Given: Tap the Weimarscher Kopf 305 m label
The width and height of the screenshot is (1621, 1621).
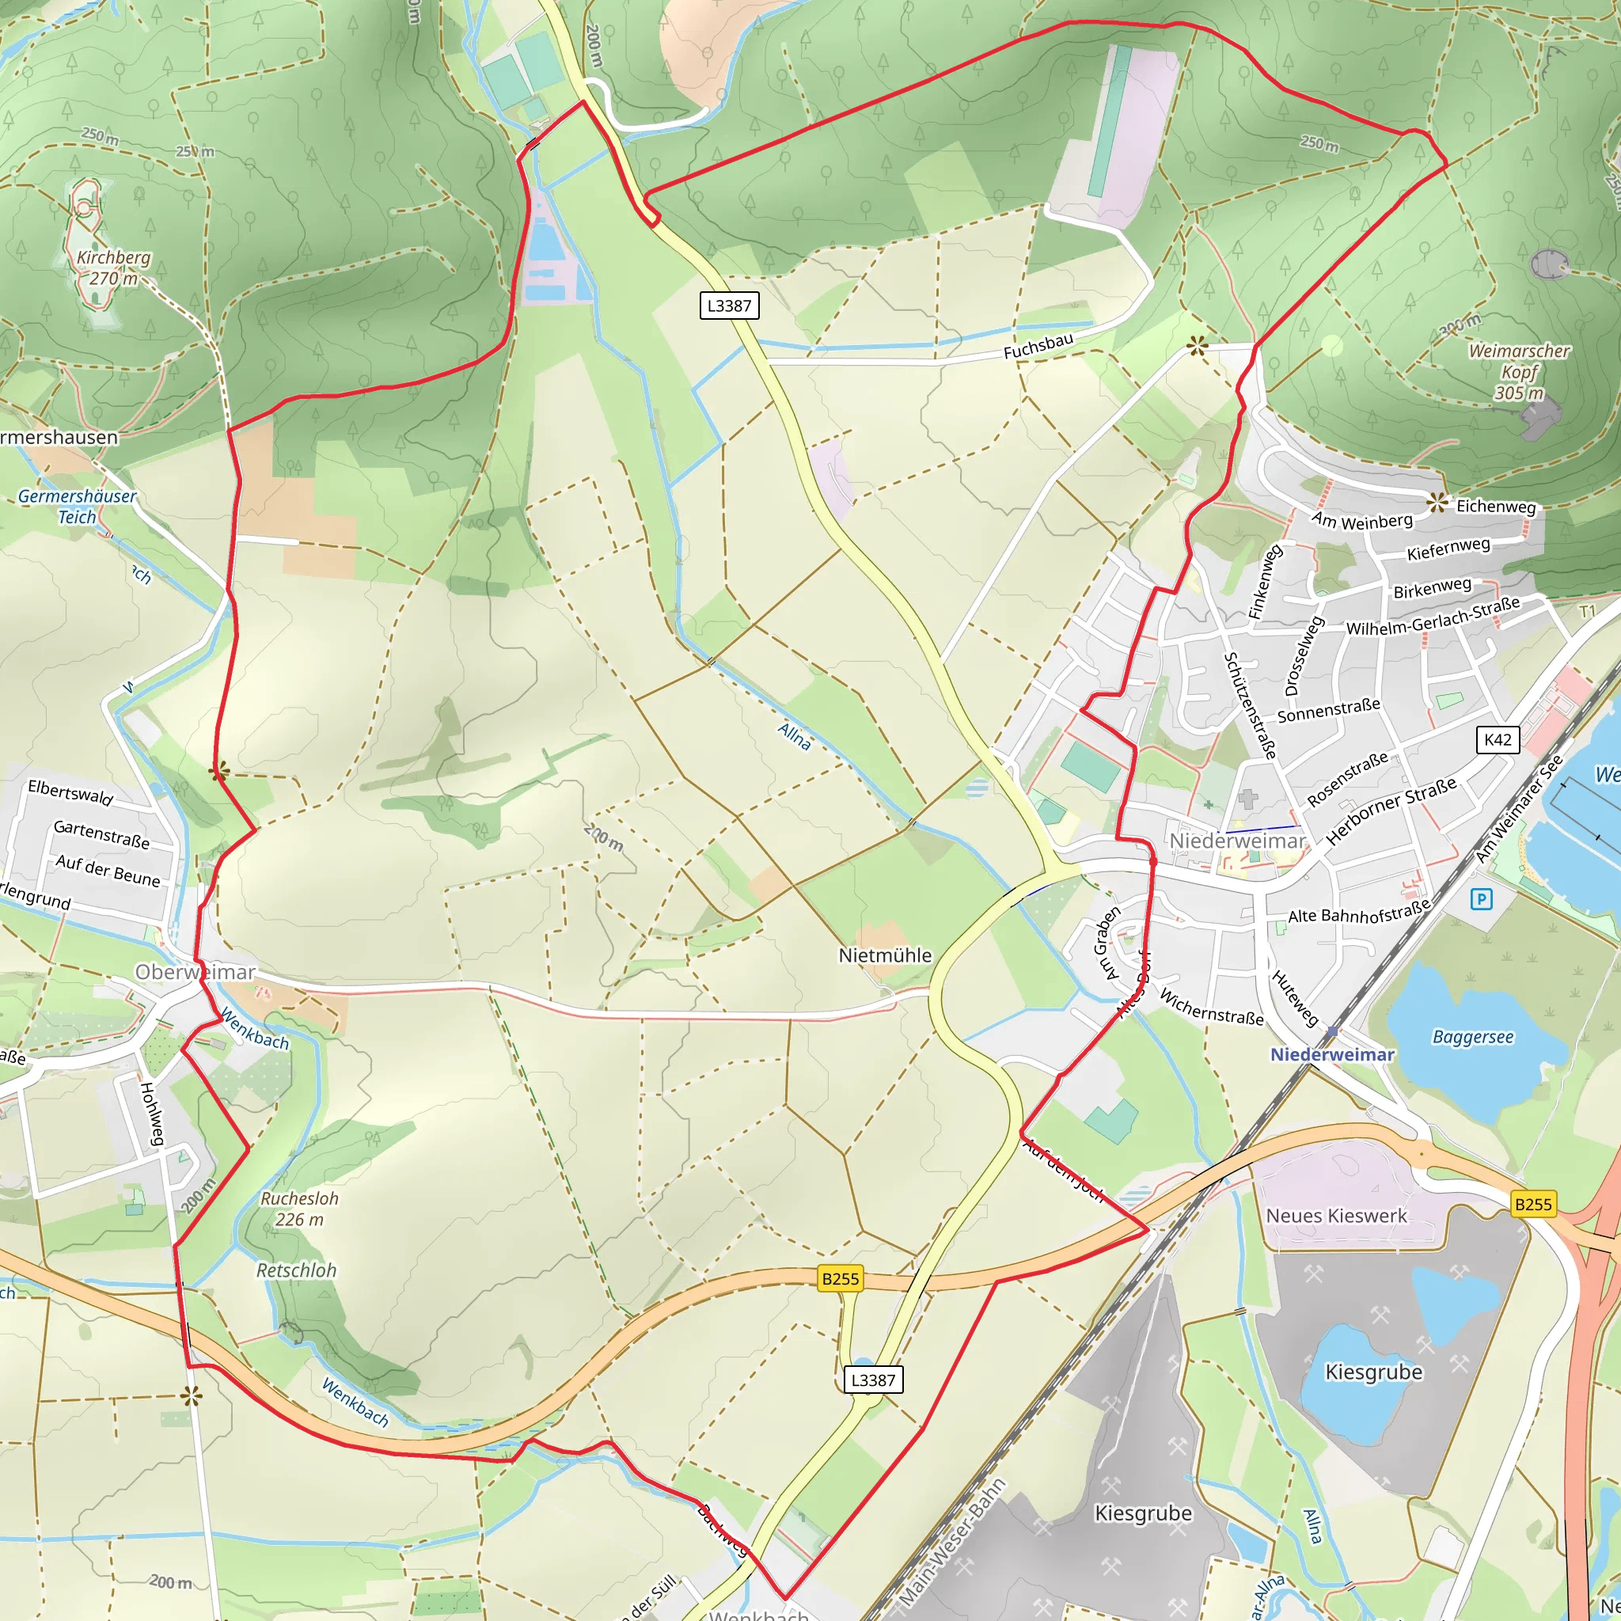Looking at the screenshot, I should point(1519,372).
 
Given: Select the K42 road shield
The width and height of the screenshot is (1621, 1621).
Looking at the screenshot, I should point(1498,739).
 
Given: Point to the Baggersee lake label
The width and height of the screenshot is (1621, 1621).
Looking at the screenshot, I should point(1472,1037).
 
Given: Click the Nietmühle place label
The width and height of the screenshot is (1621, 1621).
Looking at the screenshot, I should point(885,955).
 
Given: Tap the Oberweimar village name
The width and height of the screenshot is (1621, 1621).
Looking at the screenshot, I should point(195,973).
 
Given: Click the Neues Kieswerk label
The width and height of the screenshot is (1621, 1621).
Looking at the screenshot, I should point(1337,1216).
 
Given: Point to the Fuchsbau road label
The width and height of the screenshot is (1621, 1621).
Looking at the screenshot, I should point(1038,347).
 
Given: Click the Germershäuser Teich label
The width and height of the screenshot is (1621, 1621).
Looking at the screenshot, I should point(78,507).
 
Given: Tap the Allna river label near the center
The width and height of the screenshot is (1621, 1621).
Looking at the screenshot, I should point(795,737).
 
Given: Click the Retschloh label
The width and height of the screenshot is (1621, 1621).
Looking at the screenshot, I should point(296,1271).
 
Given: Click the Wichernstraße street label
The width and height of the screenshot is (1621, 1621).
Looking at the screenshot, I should point(1211,1007).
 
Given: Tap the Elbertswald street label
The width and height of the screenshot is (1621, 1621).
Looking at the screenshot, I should point(70,793).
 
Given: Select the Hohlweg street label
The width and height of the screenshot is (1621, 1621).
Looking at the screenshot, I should point(152,1114).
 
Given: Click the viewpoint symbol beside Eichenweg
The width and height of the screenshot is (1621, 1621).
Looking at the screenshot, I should point(1437,503).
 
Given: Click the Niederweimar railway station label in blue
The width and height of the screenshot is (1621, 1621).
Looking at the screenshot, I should point(1331,1054).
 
